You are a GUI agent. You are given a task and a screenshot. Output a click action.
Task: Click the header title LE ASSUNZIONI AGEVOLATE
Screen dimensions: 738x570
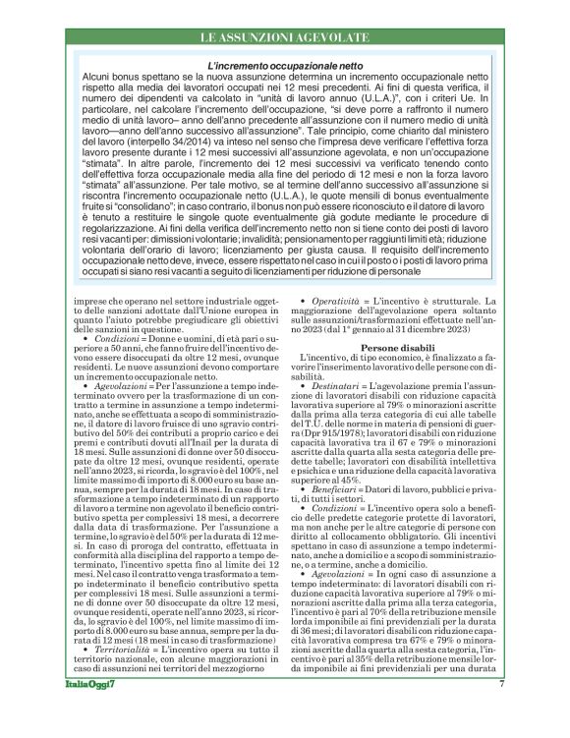284,37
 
